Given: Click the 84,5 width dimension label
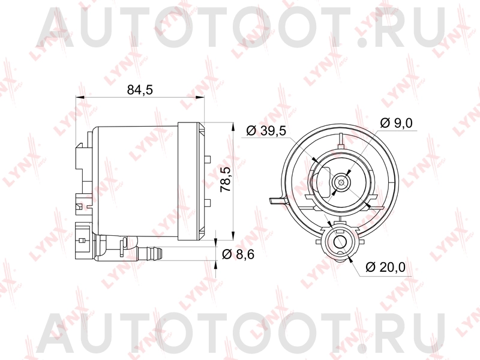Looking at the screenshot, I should pos(141,90).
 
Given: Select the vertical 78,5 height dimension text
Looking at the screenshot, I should pos(226,179).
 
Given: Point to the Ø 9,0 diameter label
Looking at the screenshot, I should pos(397,123).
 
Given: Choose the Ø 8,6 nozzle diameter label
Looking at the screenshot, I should pos(238,254).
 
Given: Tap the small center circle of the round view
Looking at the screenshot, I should pos(342,181).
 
